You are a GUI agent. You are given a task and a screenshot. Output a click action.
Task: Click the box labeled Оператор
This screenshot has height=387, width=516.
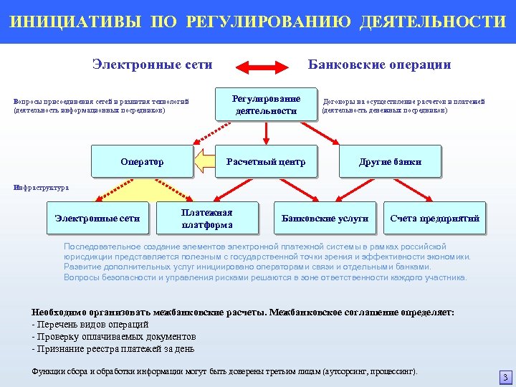point(142,162)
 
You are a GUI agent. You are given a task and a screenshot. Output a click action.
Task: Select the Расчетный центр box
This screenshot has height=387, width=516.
point(266,162)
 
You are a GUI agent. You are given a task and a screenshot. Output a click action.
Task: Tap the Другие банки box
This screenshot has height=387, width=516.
point(390,162)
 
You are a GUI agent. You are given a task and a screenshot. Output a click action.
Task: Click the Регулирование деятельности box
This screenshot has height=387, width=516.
point(267,105)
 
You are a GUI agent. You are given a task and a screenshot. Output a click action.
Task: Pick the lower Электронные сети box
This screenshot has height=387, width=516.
point(97,219)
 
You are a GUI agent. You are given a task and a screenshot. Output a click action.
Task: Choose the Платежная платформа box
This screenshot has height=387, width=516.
point(207,219)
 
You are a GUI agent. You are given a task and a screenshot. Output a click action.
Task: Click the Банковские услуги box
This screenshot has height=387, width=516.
point(325,219)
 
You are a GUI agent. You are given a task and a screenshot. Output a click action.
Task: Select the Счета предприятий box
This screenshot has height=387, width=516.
point(435,219)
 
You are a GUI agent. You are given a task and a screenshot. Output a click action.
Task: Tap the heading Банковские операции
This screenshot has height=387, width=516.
point(379,64)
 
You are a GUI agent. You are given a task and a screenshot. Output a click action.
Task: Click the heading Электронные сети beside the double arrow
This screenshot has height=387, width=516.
point(152,64)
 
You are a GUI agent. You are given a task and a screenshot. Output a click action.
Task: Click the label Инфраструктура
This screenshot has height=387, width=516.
point(42,188)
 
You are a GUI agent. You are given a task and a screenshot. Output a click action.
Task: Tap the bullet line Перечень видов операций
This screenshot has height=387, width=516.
point(92,325)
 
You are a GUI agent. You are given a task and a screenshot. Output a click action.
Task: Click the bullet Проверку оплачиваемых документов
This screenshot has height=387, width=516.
point(115,337)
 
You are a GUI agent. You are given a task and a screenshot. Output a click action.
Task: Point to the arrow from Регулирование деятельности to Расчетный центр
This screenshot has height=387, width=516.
point(266,133)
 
